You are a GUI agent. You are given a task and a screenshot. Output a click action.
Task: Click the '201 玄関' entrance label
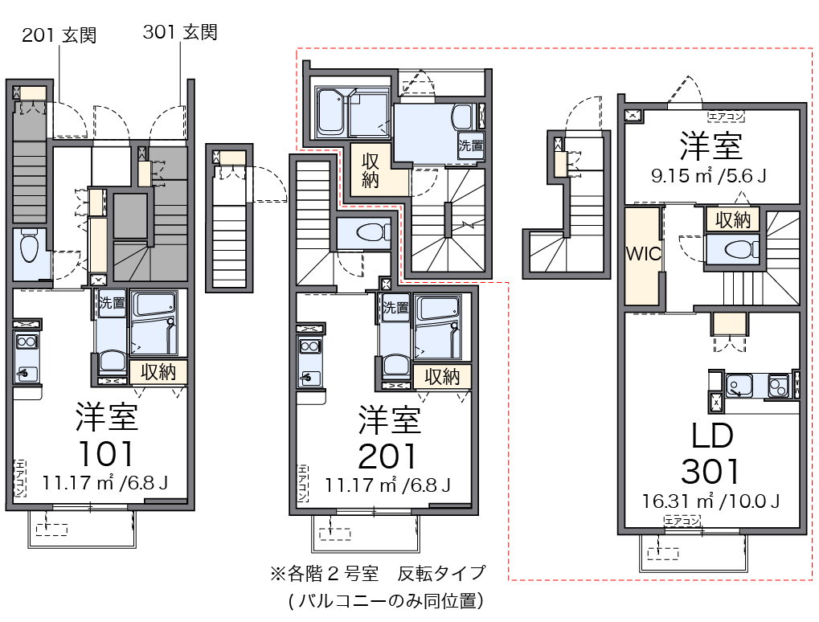(x=59, y=35)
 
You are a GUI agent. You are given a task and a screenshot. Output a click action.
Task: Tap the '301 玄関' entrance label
(x=180, y=32)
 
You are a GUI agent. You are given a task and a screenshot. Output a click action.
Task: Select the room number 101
(x=106, y=453)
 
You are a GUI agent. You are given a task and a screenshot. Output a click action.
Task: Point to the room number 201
(x=387, y=456)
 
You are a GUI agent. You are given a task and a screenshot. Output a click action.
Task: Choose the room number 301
(x=710, y=471)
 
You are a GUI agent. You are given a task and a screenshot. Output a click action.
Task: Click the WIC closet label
(x=644, y=254)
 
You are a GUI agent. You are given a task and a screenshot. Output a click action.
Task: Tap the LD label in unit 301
(x=712, y=436)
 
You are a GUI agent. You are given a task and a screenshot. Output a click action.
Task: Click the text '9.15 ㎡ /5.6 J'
(x=709, y=175)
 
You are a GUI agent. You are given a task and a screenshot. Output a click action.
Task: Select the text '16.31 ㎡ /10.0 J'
(x=710, y=501)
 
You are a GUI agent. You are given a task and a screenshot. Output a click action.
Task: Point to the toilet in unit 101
(x=29, y=248)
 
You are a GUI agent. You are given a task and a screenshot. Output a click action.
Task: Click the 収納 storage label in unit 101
(x=158, y=372)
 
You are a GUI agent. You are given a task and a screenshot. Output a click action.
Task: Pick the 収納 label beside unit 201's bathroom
(x=441, y=376)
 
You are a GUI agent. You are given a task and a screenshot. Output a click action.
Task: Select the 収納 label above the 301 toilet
(x=733, y=219)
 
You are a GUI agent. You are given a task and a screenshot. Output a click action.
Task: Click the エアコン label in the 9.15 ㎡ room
(x=726, y=117)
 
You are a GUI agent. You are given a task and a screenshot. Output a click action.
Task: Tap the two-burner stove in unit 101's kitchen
(x=27, y=342)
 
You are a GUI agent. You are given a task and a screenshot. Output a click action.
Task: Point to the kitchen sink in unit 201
(x=308, y=376)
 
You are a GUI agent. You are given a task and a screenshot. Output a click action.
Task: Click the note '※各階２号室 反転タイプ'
(x=378, y=574)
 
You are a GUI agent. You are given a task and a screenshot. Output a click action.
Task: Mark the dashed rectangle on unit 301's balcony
(x=663, y=553)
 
